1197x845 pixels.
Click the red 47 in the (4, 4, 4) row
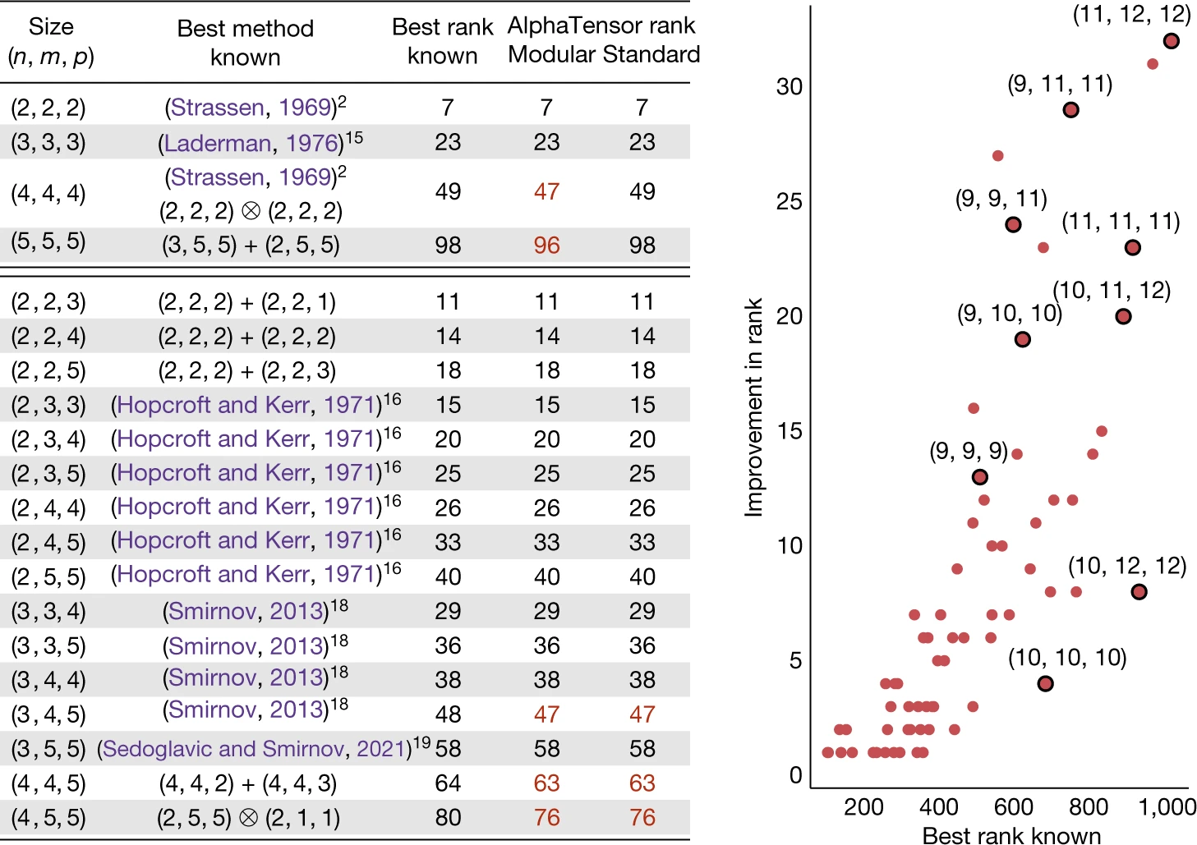(546, 191)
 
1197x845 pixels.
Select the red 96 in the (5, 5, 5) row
(546, 245)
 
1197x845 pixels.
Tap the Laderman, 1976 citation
(253, 143)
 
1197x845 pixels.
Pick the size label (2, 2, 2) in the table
(48, 108)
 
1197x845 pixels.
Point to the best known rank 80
(448, 817)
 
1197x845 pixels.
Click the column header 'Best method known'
(245, 43)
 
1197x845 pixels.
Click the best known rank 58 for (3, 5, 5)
(448, 748)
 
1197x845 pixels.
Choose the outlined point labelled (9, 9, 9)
(979, 477)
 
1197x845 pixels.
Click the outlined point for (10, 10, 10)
(1045, 683)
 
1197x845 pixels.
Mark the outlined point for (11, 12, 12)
(1172, 41)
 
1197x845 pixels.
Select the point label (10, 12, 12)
(1127, 566)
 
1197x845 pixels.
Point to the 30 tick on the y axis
(789, 86)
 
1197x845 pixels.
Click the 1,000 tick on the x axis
(1167, 806)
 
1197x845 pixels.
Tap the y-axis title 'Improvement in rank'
(753, 407)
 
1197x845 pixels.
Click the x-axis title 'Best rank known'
(1011, 835)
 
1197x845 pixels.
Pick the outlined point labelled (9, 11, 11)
(1070, 110)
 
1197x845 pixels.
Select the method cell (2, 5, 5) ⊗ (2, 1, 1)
(248, 817)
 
